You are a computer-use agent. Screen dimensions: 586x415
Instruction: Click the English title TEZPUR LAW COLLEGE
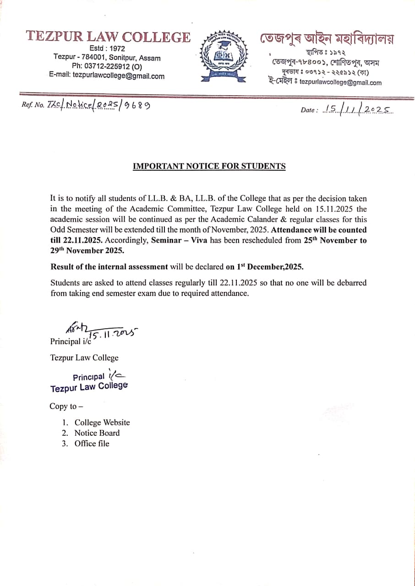(x=108, y=37)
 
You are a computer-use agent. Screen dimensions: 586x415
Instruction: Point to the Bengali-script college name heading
(x=327, y=38)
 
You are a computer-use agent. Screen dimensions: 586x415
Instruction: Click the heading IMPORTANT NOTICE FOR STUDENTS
(x=209, y=166)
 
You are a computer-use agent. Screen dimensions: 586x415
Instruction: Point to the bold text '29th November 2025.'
(x=87, y=250)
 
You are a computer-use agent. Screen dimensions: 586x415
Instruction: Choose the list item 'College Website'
(x=102, y=423)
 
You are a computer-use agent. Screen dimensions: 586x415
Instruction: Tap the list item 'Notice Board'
(x=97, y=433)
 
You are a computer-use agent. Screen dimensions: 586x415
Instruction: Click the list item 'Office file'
(x=92, y=443)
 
